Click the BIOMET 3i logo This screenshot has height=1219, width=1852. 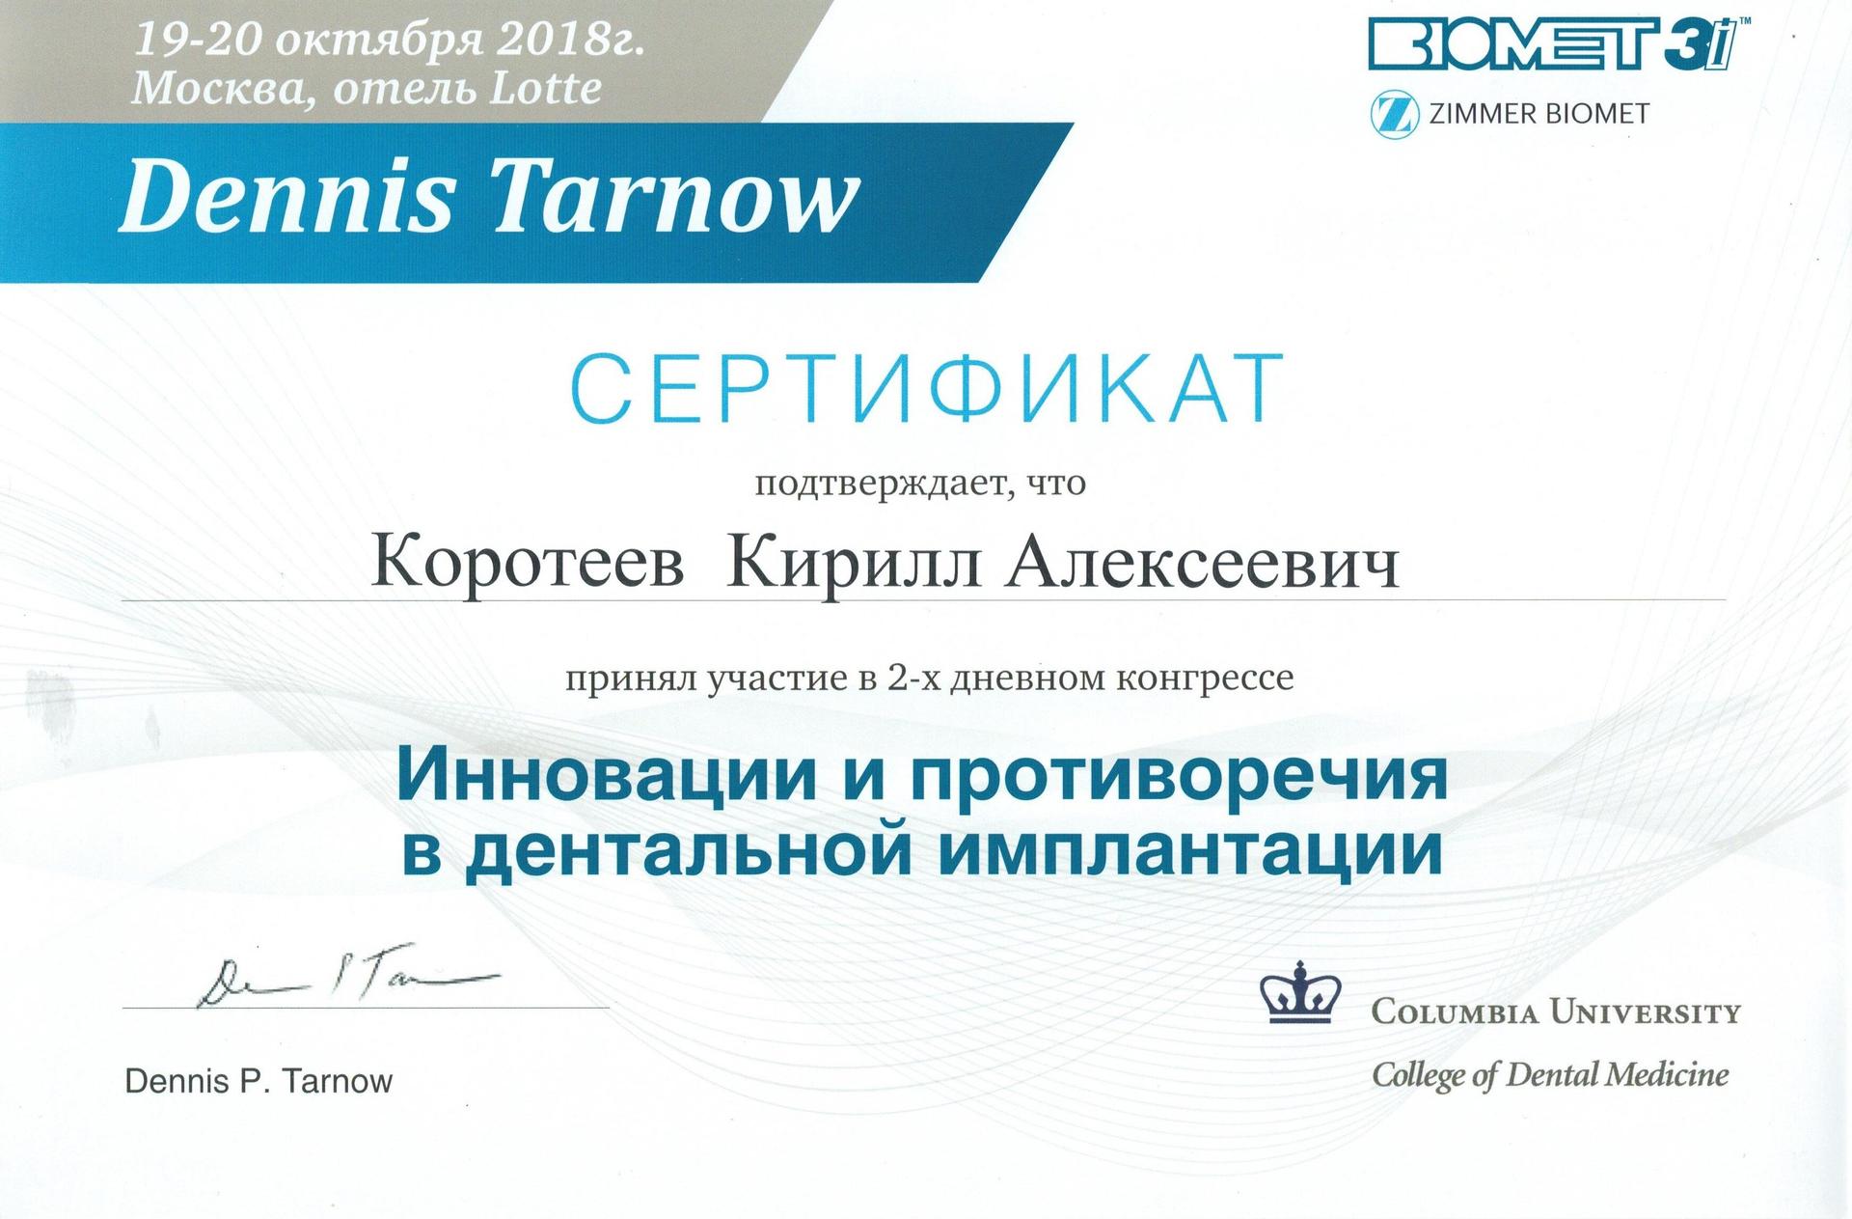pos(1559,45)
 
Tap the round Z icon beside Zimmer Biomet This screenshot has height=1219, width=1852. pos(1395,115)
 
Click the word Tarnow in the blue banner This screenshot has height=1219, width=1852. pos(676,197)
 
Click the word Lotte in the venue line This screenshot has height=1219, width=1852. pos(546,89)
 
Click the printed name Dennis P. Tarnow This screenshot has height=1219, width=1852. pos(259,1081)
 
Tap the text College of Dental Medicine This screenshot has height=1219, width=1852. pos(1550,1074)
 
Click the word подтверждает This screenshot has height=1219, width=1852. pos(881,483)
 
